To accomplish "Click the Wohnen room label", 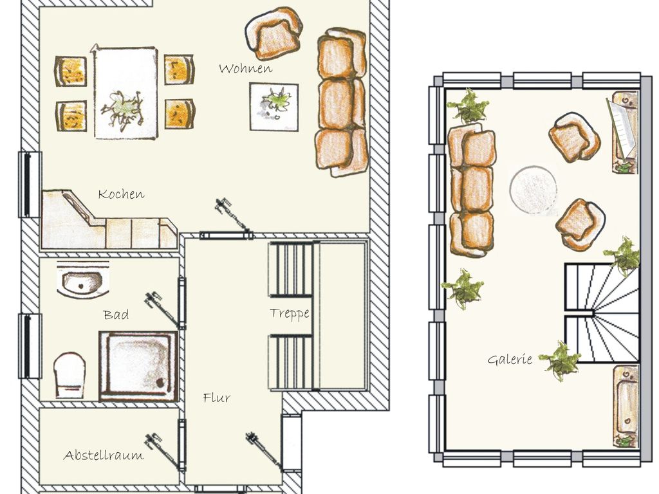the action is (x=245, y=68).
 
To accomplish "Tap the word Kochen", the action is (x=121, y=194).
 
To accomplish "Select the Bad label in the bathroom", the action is (x=116, y=315).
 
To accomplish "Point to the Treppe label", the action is (x=290, y=313).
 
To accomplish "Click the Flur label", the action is (x=216, y=398).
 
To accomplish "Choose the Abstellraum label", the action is (x=104, y=455).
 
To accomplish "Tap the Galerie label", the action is (x=510, y=360).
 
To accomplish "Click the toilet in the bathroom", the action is (x=70, y=375).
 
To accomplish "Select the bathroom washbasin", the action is (x=82, y=281).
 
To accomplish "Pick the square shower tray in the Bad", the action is (x=138, y=366).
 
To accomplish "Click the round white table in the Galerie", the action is (x=534, y=190).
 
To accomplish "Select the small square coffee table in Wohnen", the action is (x=274, y=107).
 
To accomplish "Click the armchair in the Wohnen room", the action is (x=274, y=33).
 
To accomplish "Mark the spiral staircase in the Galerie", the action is (x=601, y=313).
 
